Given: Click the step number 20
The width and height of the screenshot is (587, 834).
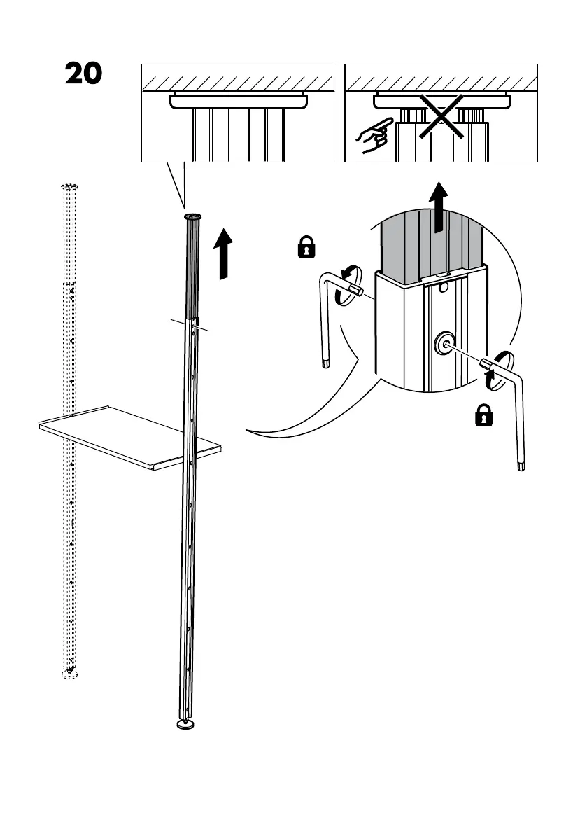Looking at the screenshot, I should (83, 74).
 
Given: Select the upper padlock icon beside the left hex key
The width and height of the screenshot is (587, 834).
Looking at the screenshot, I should (306, 247).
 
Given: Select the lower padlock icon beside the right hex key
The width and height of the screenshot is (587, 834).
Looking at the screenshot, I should (483, 417).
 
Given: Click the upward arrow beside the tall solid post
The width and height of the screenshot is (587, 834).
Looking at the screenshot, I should (224, 253).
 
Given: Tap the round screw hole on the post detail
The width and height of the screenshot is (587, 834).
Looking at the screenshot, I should (444, 343).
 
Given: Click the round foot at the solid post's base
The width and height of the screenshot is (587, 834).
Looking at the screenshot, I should (185, 725).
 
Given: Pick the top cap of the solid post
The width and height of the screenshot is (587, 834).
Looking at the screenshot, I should (192, 217).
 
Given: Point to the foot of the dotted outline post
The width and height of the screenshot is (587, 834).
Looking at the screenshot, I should (69, 674).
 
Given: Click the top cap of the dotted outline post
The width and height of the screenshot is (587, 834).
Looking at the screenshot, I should (69, 187).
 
